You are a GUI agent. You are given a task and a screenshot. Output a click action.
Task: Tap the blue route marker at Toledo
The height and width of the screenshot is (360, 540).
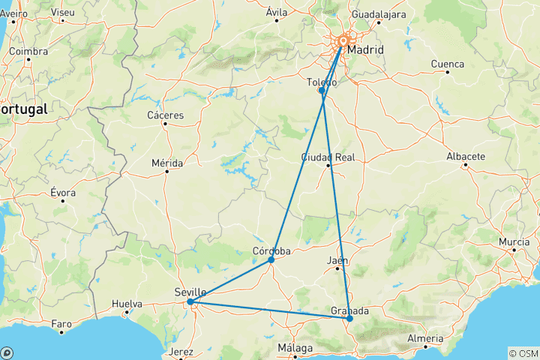point(322,91)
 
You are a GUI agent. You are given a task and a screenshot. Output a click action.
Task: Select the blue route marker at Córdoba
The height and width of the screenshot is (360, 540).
point(271,260)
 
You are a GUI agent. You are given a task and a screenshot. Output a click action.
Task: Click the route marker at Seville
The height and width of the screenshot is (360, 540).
point(190,302)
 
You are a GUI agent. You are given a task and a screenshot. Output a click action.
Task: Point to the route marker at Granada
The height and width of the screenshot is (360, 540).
point(349,319)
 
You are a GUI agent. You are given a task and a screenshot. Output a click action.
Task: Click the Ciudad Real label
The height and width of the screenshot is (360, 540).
point(328,157)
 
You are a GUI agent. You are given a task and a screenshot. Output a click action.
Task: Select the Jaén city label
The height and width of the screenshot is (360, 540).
point(337,260)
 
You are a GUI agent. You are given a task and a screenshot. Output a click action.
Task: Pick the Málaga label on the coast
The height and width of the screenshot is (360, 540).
point(295,349)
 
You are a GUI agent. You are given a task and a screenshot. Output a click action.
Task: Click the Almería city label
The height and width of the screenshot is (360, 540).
point(425,338)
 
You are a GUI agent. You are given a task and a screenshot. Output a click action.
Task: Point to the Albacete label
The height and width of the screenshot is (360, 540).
point(466,157)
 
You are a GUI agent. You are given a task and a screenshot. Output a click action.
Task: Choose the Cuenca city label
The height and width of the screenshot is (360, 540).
point(448,64)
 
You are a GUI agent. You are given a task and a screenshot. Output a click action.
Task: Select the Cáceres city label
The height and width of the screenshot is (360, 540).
point(166,115)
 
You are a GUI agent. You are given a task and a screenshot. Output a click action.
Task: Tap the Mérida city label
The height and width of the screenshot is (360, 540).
point(166,162)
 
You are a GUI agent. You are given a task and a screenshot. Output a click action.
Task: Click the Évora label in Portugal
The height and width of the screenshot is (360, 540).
point(63,193)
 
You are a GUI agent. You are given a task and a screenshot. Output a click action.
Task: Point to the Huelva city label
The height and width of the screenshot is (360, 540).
point(127,304)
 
